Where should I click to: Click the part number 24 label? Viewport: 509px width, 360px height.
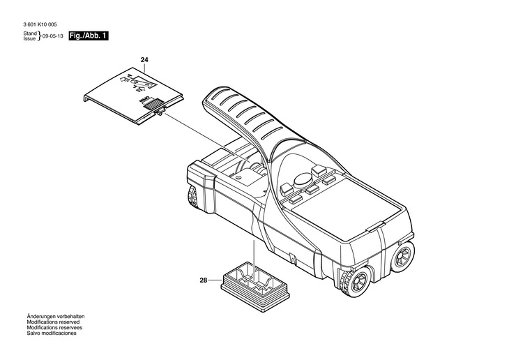[x=144, y=61]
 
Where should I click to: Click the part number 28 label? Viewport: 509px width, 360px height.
[x=204, y=280]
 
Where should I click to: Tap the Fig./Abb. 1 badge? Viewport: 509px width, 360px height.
[x=89, y=36]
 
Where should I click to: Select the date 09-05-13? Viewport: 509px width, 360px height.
[x=53, y=36]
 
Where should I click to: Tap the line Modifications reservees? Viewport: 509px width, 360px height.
[x=54, y=328]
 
